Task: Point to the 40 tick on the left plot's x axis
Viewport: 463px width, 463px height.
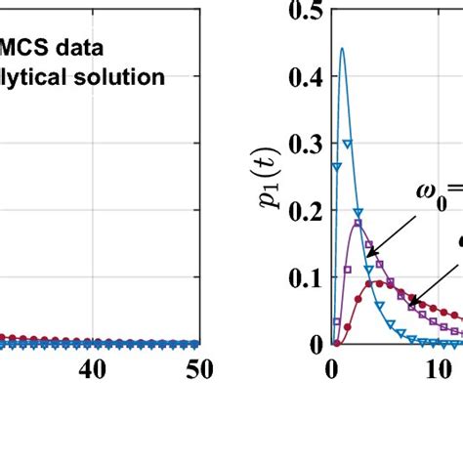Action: click(x=92, y=369)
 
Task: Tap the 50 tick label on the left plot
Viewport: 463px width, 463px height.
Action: click(x=193, y=369)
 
